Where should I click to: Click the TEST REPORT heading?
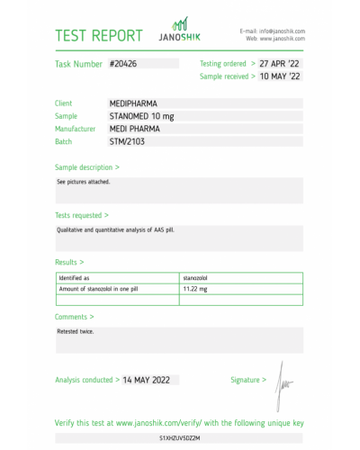tap(99, 36)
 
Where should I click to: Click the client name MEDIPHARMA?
tap(133, 103)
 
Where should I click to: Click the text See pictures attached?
tap(81, 183)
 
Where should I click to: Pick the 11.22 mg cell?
tap(195, 288)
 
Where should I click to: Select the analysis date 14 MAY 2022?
tap(157, 380)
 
